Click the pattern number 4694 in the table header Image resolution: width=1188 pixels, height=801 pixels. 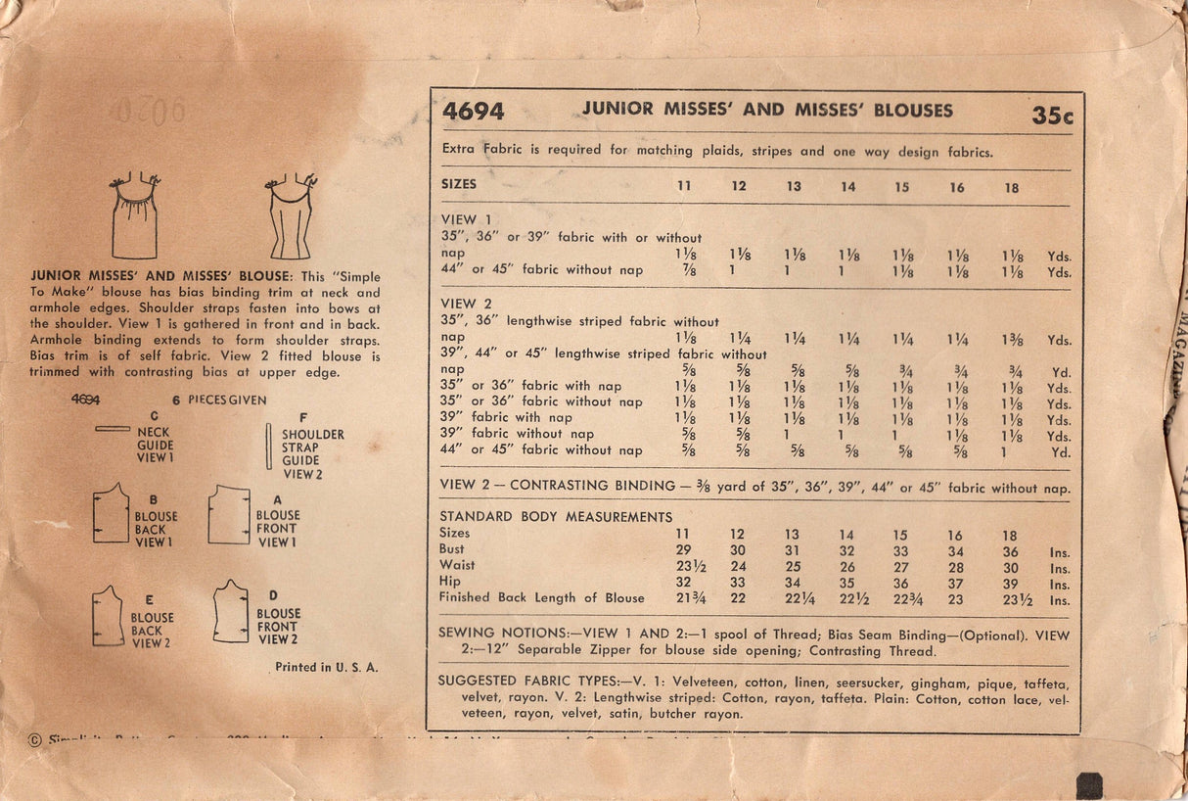coord(474,112)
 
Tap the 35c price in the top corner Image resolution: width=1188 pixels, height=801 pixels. coord(1052,116)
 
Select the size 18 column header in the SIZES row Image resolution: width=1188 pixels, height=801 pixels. coord(1011,187)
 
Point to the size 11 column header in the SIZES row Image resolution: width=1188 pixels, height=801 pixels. coord(685,186)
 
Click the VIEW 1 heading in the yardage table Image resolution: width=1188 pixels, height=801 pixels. coord(459,219)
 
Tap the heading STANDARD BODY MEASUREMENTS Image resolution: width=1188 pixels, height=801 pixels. coord(556,516)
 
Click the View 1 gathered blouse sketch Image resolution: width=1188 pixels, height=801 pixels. coord(135,216)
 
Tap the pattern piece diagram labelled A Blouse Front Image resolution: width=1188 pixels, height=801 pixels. coord(229,515)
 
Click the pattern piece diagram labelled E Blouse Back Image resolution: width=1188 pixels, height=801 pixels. coord(109,617)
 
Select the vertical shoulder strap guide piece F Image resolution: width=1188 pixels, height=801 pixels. coord(269,447)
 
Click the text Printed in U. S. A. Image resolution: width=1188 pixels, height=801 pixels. coord(326,667)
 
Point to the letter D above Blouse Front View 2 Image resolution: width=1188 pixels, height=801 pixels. coord(274,595)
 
